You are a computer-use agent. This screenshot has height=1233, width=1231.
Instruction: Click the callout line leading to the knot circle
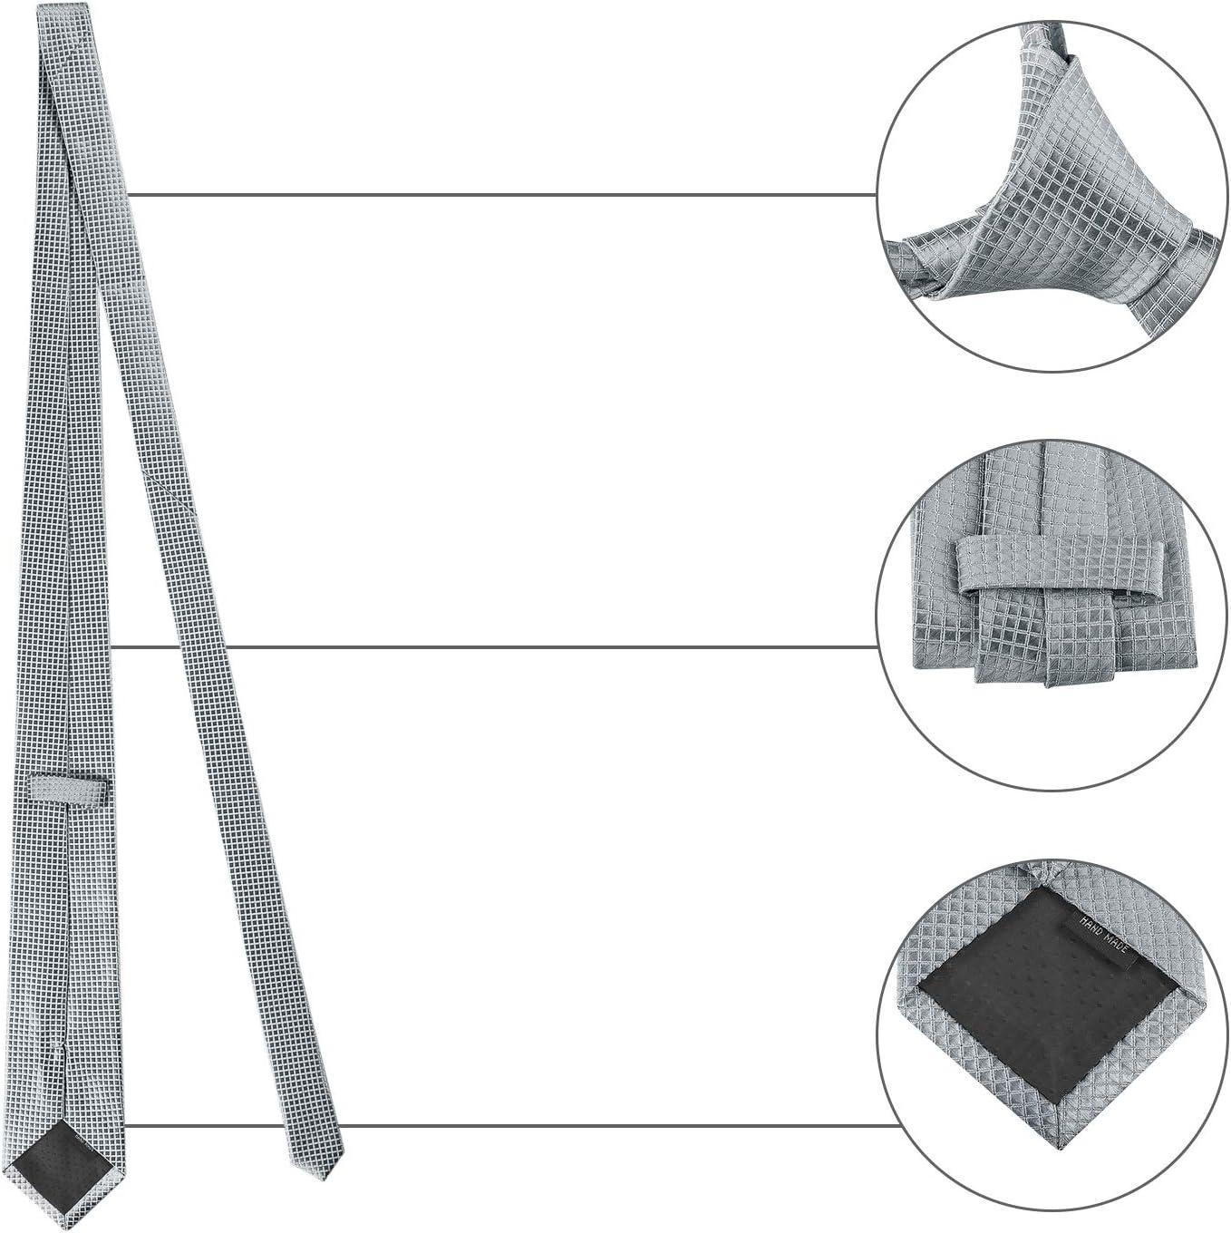tap(502, 194)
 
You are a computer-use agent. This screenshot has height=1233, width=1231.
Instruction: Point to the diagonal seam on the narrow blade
tap(170, 492)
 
